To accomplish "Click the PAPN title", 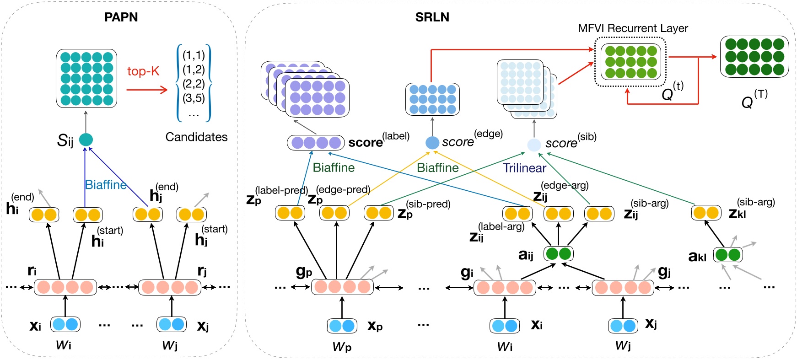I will pos(121,17).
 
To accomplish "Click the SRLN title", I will pos(432,17).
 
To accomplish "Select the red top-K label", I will pos(143,71).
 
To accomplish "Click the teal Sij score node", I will pos(86,140).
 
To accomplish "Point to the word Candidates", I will pos(196,137).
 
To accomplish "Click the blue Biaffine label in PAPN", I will pos(106,185).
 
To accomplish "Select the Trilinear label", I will pos(524,168).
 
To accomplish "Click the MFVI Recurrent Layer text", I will pos(633,28).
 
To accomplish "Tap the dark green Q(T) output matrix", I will pos(754,57).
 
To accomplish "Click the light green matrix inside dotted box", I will pos(630,62).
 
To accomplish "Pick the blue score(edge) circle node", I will pos(432,143).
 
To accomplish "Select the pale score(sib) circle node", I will pos(534,145).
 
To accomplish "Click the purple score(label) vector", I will pos(316,143).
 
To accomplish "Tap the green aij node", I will pos(558,253).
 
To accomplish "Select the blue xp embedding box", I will pos(342,326).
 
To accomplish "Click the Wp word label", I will pos(342,347).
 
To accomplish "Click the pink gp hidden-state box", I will pos(342,287).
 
